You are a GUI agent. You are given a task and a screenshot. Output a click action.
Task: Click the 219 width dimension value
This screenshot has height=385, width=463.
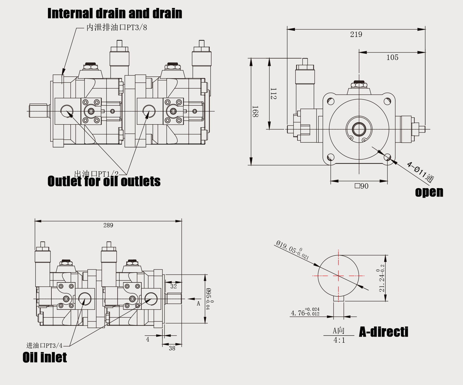[x=356, y=34]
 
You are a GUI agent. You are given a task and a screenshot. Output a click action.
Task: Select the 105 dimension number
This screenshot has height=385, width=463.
[x=392, y=57]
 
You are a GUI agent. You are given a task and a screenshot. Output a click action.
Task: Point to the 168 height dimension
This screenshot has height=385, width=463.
[x=255, y=111]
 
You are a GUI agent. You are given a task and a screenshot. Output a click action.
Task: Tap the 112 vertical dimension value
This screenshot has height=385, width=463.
[x=273, y=93]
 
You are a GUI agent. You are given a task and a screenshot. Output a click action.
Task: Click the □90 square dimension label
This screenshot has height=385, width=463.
[x=361, y=186]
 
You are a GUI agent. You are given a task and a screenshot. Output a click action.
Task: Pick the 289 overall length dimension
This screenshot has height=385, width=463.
[x=108, y=225]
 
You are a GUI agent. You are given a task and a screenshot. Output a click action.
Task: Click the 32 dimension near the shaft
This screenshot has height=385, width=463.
[x=173, y=286]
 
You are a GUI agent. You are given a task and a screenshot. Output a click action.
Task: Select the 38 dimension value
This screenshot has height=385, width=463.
[x=172, y=348]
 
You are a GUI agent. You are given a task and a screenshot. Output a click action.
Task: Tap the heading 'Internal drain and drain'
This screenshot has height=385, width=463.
[x=115, y=13]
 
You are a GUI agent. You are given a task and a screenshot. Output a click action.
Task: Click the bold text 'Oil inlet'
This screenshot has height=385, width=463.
[x=45, y=357]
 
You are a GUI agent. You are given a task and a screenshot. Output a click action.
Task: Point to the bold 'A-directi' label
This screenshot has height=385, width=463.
[x=384, y=332]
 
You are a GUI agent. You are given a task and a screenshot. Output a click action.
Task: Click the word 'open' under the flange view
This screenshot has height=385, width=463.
[x=429, y=192]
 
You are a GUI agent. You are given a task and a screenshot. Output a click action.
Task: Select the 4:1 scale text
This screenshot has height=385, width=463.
[x=339, y=340]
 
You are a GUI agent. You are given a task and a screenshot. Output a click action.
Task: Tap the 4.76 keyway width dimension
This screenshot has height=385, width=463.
[x=305, y=313]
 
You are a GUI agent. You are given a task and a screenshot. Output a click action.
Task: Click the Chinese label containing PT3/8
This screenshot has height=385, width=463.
[x=117, y=28]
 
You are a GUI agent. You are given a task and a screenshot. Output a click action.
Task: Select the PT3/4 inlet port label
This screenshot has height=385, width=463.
[x=44, y=346]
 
